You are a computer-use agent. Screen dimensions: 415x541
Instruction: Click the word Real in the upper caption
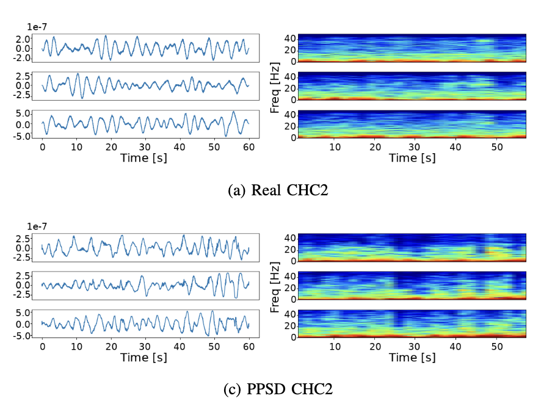point(261,190)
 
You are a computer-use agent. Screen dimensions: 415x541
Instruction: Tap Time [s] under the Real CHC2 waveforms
point(145,158)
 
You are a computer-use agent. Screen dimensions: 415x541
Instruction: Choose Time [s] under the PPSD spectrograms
point(412,358)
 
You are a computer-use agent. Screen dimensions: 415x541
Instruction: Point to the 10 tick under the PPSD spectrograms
point(335,347)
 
